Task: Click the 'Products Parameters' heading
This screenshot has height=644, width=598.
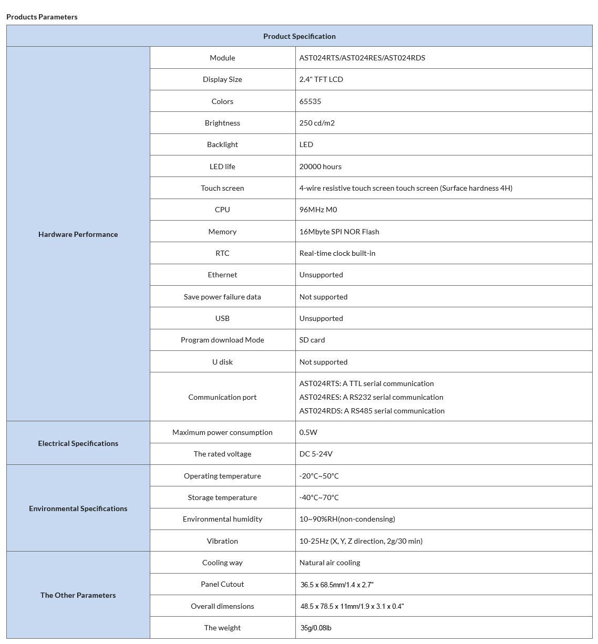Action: (x=42, y=17)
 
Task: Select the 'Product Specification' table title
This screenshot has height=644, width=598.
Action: (x=299, y=36)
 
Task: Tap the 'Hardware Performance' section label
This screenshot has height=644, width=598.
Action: (x=78, y=234)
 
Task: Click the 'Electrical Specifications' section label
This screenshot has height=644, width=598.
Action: (x=78, y=443)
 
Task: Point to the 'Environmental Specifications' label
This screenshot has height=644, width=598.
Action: (x=78, y=508)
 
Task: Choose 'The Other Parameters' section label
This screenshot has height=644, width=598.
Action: (x=78, y=595)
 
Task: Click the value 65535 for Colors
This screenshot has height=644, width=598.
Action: (x=310, y=101)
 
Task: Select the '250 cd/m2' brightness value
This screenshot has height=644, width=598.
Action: (x=317, y=123)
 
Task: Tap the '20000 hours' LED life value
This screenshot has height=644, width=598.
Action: (x=320, y=167)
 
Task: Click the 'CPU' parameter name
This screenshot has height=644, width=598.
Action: (x=222, y=210)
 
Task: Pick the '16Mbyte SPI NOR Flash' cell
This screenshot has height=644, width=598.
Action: (x=339, y=232)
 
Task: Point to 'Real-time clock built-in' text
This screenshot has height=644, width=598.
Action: (x=337, y=253)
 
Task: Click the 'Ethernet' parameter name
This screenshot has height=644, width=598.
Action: (x=222, y=275)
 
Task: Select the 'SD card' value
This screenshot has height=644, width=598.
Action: (x=312, y=340)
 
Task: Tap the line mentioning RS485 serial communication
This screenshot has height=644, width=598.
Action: (x=372, y=411)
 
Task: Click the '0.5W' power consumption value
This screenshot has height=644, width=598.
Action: (x=308, y=432)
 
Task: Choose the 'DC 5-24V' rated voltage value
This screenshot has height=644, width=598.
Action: (x=316, y=454)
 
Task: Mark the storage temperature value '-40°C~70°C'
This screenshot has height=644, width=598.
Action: (x=319, y=497)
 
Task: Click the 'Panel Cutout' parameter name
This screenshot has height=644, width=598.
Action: (x=222, y=584)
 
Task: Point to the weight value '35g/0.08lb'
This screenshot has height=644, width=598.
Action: (x=316, y=628)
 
